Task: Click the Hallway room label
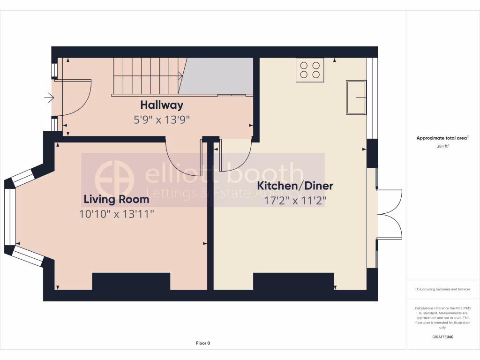tap(162, 105)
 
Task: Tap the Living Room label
tap(116, 199)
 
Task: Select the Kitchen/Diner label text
tap(295, 186)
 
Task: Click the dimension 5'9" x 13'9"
tap(162, 120)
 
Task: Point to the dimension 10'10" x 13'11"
tap(117, 215)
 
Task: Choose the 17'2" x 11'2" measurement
tap(295, 201)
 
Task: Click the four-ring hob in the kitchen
tap(310, 70)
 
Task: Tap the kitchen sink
tap(357, 97)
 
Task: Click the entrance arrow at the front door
tap(49, 97)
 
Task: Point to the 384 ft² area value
tap(443, 146)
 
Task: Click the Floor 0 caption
tap(203, 343)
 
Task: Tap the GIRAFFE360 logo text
tap(443, 337)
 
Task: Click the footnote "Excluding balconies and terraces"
tap(443, 289)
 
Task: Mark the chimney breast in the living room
tap(131, 281)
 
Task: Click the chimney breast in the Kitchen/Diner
tap(293, 281)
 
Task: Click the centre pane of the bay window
tap(7, 216)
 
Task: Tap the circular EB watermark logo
tap(114, 180)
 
